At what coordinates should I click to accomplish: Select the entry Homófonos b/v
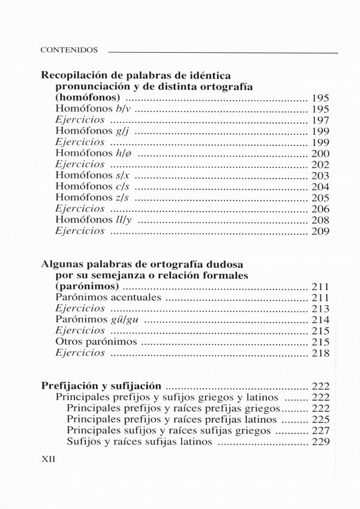[x=93, y=109]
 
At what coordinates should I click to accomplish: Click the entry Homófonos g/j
[x=93, y=131]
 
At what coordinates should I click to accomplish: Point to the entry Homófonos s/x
[x=94, y=175]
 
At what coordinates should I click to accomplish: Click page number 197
[x=320, y=120]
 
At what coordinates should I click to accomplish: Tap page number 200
[x=320, y=153]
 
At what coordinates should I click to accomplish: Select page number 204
[x=320, y=186]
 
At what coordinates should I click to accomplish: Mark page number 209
[x=320, y=231]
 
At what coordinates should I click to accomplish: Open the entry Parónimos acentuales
[x=109, y=297]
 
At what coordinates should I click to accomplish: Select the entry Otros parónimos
[x=96, y=342]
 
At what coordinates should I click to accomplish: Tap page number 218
[x=320, y=353]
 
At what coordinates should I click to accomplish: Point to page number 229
[x=320, y=442]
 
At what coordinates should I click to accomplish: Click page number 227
[x=320, y=431]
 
